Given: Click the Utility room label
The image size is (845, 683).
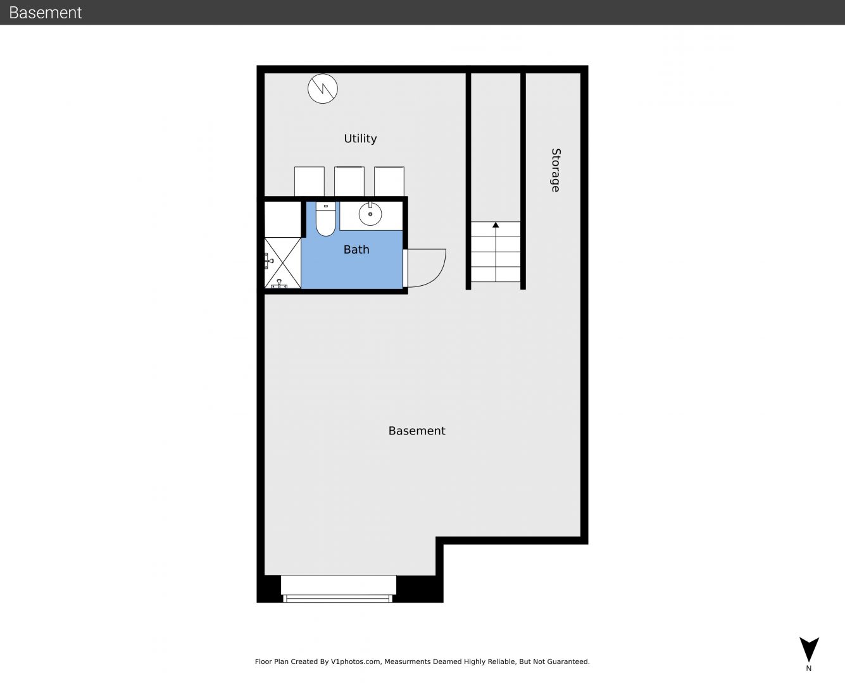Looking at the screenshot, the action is [x=360, y=138].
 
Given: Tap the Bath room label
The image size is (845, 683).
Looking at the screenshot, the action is [x=356, y=249].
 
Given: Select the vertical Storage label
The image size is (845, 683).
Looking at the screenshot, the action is [x=556, y=170].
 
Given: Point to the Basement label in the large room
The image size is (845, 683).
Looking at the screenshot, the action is [x=416, y=431].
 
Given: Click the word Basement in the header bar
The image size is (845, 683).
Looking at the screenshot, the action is [x=45, y=13].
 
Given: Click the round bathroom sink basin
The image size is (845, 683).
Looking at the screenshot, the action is [x=370, y=214].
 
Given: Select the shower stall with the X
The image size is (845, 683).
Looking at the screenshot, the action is [x=282, y=263].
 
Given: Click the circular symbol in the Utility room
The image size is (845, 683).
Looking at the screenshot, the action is [x=323, y=89].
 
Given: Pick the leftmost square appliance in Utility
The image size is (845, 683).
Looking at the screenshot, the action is [x=309, y=182].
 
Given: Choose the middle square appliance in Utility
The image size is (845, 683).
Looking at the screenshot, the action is [x=349, y=182].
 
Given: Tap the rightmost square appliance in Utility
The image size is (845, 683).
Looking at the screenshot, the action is [x=389, y=182].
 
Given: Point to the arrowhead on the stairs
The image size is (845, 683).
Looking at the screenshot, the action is [x=496, y=225].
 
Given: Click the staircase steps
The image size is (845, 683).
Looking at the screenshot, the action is [x=496, y=252].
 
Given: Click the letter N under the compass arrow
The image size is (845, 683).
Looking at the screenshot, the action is [x=808, y=668].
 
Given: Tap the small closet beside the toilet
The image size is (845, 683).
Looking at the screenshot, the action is [x=283, y=219].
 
